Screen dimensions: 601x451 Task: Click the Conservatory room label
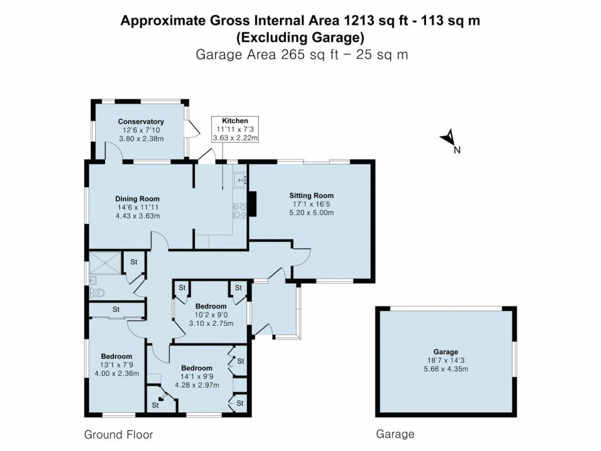(141, 122)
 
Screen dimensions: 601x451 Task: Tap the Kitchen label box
(235, 129)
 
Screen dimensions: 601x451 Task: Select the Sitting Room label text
(311, 196)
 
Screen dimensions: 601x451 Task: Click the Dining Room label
(137, 198)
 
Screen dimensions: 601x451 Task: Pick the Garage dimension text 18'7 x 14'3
(446, 361)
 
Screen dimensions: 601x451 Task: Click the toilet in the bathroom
(97, 293)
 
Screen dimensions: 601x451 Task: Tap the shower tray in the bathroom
(105, 263)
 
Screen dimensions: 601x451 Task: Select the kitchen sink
(241, 179)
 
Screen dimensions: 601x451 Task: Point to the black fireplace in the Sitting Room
(252, 204)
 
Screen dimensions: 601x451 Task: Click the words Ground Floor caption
(119, 435)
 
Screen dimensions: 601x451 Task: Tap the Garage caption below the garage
(395, 434)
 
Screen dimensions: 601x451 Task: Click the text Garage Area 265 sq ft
(267, 55)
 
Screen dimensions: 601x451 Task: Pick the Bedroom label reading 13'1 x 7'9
(117, 356)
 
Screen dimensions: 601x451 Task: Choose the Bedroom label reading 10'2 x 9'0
(211, 306)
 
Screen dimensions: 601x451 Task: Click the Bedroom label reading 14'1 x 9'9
(197, 368)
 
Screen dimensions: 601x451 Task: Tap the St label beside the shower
(134, 262)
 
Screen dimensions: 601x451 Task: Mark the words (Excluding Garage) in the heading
(300, 38)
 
